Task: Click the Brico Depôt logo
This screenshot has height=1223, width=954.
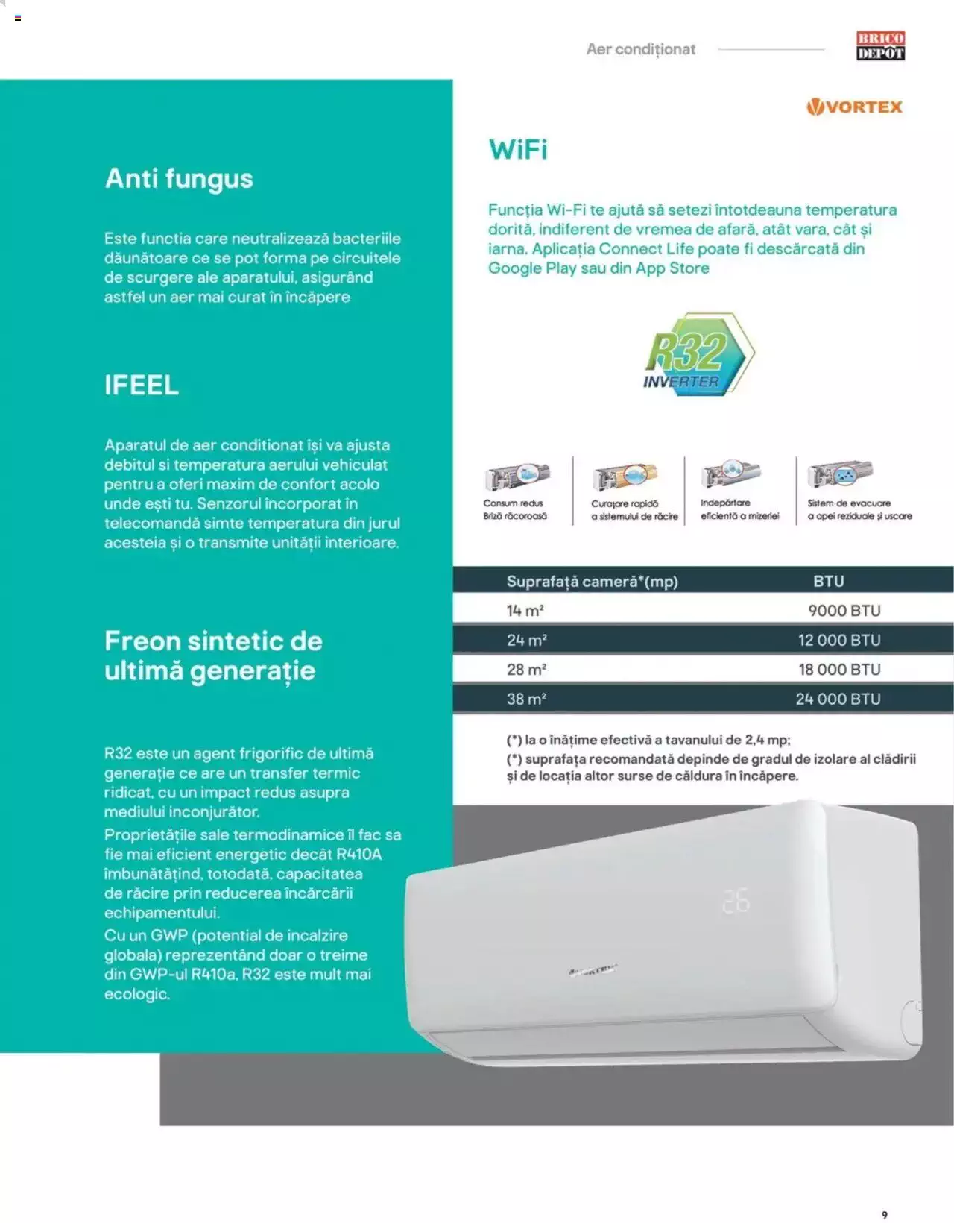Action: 880,45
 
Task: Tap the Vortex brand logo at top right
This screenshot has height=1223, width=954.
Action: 854,107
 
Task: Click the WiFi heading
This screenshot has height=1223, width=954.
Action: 518,150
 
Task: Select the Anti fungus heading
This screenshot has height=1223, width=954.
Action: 179,179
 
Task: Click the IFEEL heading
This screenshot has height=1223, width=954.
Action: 142,386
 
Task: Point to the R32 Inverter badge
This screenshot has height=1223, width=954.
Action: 698,354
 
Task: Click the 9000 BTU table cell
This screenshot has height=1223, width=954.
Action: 844,611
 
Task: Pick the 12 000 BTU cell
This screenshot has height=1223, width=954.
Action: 839,640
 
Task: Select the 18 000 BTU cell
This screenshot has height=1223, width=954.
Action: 839,669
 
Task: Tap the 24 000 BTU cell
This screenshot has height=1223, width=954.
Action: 838,699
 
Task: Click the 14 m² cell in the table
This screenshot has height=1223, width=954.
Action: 525,611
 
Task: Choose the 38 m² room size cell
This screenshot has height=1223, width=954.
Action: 526,699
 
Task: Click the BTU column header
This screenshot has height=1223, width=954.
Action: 829,581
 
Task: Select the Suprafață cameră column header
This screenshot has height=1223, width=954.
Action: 593,582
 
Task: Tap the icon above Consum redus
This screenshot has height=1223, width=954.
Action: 517,477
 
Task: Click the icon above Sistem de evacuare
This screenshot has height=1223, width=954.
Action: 840,474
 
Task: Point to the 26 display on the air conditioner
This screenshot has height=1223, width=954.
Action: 736,901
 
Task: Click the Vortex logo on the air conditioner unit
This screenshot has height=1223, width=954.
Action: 593,970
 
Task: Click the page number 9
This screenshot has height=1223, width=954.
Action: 884,1215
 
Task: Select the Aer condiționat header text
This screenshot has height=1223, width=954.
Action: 641,49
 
